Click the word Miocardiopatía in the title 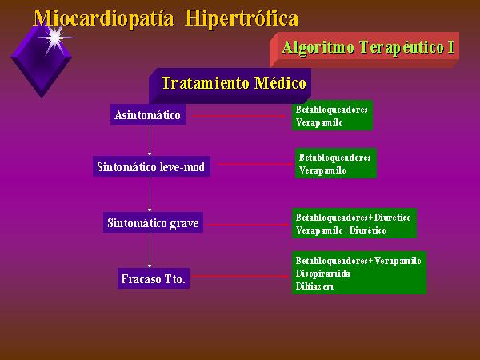pyautogui.click(x=103, y=18)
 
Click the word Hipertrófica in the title pyautogui.click(x=242, y=18)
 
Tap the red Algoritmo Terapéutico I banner pyautogui.click(x=364, y=50)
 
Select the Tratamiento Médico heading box pyautogui.click(x=230, y=86)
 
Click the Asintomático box pyautogui.click(x=148, y=114)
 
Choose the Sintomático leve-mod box pyautogui.click(x=151, y=166)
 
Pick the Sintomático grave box pyautogui.click(x=153, y=222)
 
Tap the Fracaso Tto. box pyautogui.click(x=154, y=278)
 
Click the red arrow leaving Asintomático pyautogui.click(x=238, y=116)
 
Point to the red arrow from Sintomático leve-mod pyautogui.click(x=255, y=164)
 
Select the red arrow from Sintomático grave pyautogui.click(x=247, y=225)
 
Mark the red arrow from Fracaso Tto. pyautogui.click(x=241, y=277)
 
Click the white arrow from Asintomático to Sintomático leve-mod pyautogui.click(x=150, y=140)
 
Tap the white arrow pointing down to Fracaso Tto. pyautogui.click(x=150, y=250)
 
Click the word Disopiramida pyautogui.click(x=323, y=274)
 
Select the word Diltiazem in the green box pyautogui.click(x=314, y=286)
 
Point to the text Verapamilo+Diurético pyautogui.click(x=341, y=230)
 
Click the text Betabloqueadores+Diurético pyautogui.click(x=354, y=218)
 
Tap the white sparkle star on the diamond pyautogui.click(x=55, y=38)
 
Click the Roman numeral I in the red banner pyautogui.click(x=450, y=47)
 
